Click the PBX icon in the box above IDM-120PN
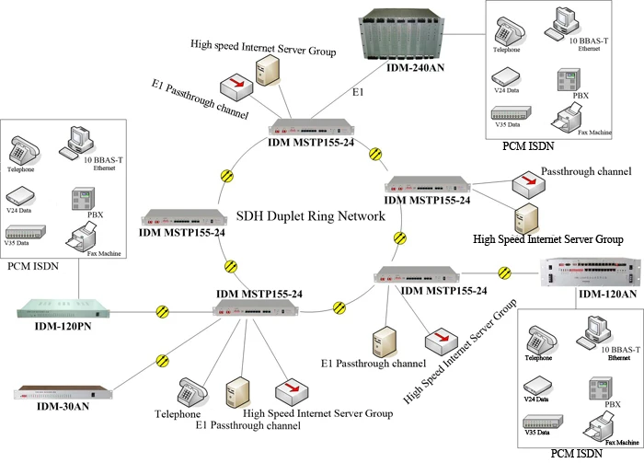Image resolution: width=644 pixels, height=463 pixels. tap(81, 201)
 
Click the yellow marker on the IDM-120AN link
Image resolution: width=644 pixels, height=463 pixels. tap(503, 272)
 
